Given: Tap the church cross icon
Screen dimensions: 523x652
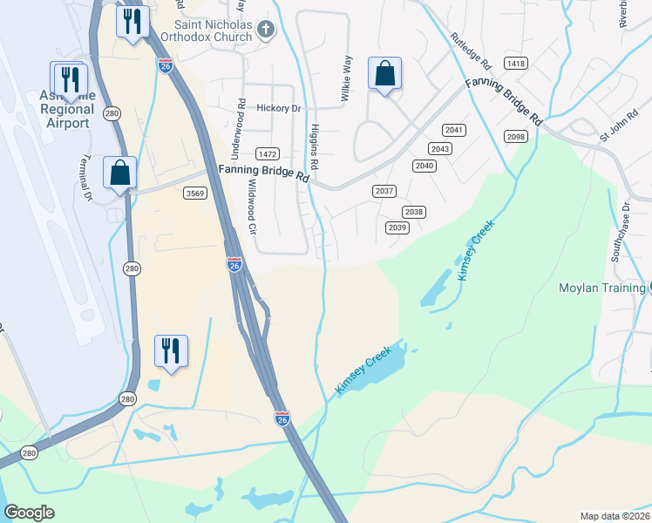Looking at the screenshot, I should tap(267, 31).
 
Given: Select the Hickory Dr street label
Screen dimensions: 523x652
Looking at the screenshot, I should tap(279, 109).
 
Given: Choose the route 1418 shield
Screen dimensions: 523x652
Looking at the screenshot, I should tap(516, 64).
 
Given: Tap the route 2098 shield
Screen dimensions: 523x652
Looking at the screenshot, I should tap(516, 137).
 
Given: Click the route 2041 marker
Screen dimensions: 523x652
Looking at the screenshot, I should tap(454, 130).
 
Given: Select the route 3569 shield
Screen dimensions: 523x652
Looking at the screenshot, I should tap(195, 194).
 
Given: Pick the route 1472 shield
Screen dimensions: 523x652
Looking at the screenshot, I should tap(267, 153).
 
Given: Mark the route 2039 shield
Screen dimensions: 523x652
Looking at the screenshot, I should tap(397, 228).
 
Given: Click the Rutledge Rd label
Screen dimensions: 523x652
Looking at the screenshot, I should tap(471, 52).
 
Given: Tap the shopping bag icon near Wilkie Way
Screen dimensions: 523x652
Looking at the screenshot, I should tap(384, 75).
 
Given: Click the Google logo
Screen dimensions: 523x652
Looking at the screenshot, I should tap(29, 513).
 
